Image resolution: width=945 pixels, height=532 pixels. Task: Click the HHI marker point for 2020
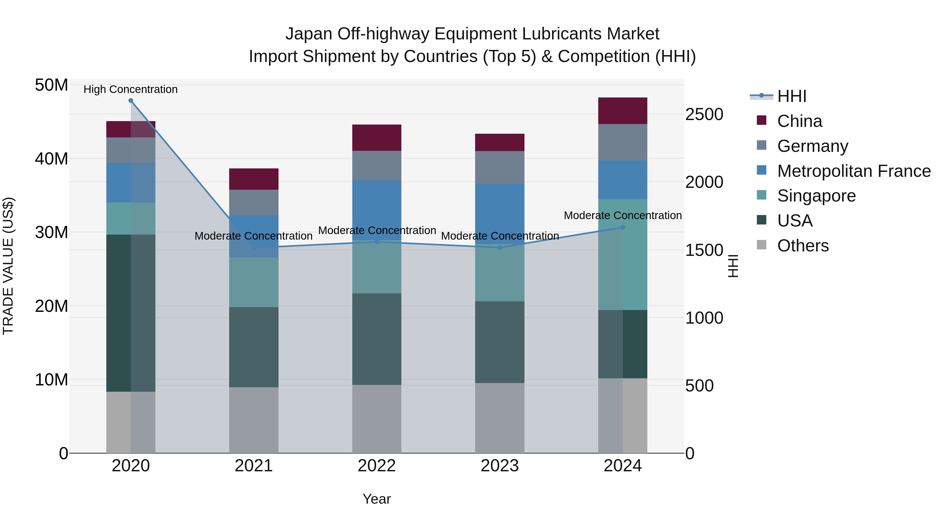click(131, 101)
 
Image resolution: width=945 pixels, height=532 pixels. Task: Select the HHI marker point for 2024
click(623, 227)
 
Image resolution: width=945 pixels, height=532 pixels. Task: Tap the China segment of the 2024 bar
click(623, 111)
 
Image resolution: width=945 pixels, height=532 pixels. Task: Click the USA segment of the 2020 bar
click(131, 313)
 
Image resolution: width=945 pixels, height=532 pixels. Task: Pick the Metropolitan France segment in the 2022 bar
click(377, 210)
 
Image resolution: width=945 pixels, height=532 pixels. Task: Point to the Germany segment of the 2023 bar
click(500, 167)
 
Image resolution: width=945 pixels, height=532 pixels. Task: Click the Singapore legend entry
click(816, 196)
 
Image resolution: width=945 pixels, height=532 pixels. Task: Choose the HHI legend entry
click(791, 96)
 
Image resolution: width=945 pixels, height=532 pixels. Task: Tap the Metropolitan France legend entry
click(853, 171)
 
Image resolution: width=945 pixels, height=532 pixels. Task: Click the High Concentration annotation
click(131, 89)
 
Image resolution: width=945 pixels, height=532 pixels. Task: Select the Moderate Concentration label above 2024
click(623, 215)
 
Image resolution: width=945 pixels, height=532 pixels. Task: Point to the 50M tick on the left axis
click(51, 85)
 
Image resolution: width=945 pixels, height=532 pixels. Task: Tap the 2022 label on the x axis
click(377, 466)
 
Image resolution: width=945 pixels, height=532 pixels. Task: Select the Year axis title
click(377, 499)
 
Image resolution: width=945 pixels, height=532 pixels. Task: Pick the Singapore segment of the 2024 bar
click(623, 254)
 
